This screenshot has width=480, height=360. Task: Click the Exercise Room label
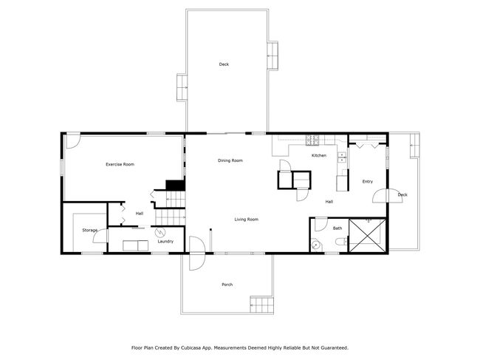(120, 164)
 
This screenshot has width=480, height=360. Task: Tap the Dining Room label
(230, 160)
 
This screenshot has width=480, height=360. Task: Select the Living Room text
(247, 220)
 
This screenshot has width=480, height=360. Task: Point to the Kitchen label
(319, 156)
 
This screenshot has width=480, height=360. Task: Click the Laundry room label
(165, 242)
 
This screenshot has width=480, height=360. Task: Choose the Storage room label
(90, 230)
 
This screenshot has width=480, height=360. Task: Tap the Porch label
(227, 285)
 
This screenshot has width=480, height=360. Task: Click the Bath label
(337, 228)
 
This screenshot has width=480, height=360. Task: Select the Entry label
(368, 182)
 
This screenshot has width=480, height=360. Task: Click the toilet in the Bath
(340, 242)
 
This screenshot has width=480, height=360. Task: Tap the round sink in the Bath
(316, 245)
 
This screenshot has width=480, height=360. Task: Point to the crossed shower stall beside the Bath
(367, 236)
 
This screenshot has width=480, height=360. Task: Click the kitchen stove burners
(312, 140)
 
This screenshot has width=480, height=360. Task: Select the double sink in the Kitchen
(342, 157)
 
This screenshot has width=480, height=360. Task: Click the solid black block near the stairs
(176, 185)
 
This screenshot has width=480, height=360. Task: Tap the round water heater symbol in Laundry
(160, 233)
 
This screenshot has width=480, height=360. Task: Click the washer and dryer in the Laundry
(136, 245)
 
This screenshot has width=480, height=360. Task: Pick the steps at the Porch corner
(261, 305)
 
